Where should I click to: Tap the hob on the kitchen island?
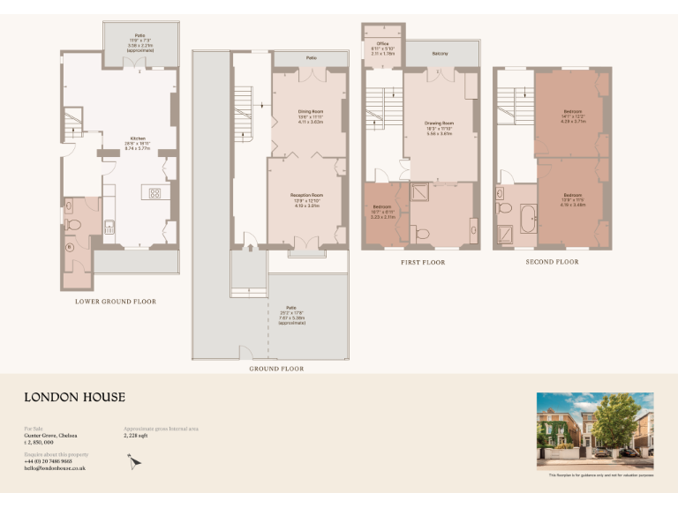pyautogui.click(x=154, y=192)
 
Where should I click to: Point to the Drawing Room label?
pyautogui.click(x=439, y=123)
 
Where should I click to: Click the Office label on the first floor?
pyautogui.click(x=382, y=43)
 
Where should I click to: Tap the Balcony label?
pyautogui.click(x=440, y=55)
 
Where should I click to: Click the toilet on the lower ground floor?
pyautogui.click(x=74, y=226)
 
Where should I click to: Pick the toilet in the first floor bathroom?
pyautogui.click(x=421, y=232)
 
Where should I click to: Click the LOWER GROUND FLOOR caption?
pyautogui.click(x=116, y=302)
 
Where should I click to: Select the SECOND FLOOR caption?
pyautogui.click(x=552, y=262)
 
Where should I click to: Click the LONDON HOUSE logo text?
pyautogui.click(x=74, y=397)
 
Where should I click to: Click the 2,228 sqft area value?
pyautogui.click(x=138, y=436)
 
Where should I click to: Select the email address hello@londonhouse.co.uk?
pyautogui.click(x=54, y=468)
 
